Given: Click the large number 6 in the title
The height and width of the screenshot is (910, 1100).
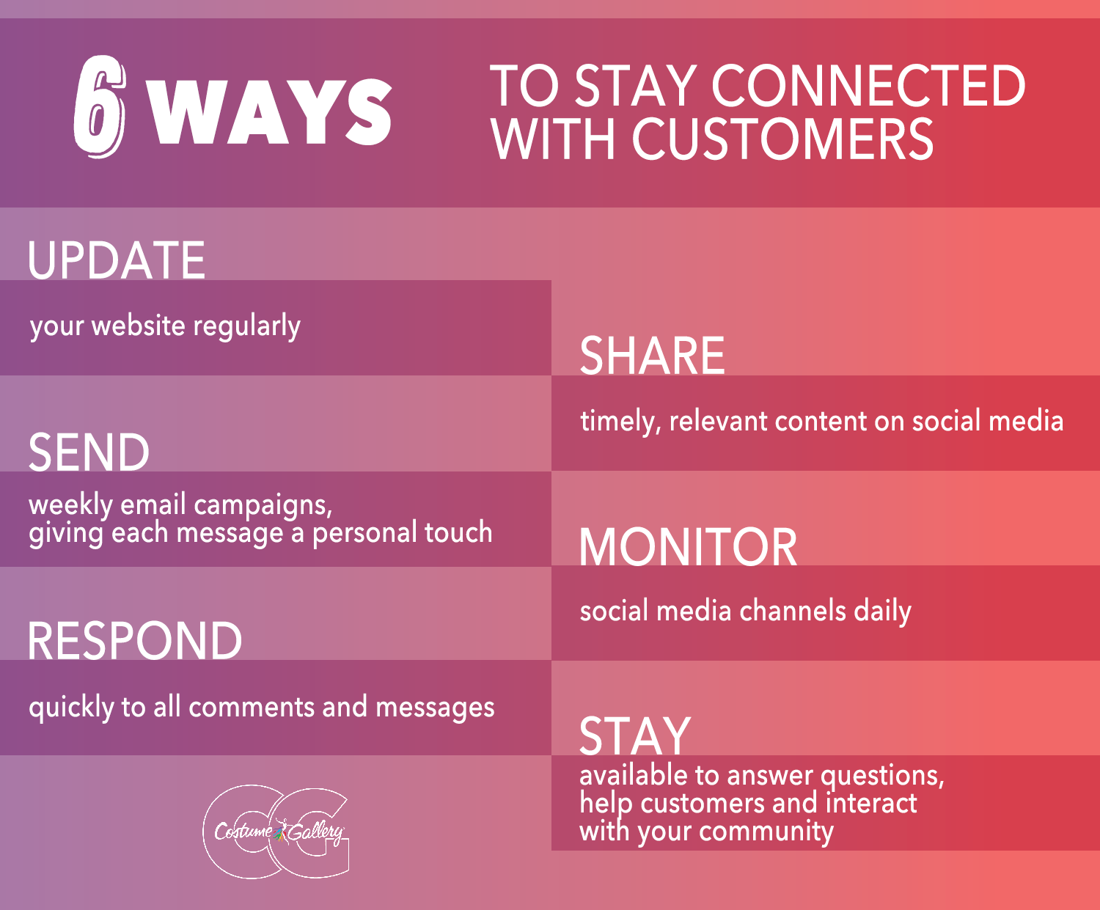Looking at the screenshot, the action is [100, 106].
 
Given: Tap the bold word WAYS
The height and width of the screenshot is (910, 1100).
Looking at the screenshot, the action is [269, 112].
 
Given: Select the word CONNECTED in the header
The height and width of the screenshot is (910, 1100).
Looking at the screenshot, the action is [868, 85].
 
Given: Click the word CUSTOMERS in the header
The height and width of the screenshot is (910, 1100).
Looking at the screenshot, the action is [782, 139].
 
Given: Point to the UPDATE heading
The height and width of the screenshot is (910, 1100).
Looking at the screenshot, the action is [116, 260].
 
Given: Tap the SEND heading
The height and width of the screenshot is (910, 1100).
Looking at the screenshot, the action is [89, 452].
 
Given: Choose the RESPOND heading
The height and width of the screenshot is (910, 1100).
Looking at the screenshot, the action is [134, 640].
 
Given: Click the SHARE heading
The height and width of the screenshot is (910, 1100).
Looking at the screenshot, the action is [652, 356].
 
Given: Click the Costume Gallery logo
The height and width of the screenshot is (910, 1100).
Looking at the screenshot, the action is [276, 832].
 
